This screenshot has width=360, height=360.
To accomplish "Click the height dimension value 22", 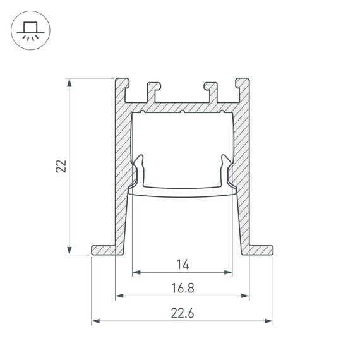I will pyautogui.click(x=60, y=166).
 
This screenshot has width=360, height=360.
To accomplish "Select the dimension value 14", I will pyautogui.click(x=183, y=264).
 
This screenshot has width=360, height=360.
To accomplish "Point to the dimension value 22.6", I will pyautogui.click(x=183, y=311).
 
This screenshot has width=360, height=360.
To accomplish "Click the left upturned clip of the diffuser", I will pyautogui.click(x=140, y=171).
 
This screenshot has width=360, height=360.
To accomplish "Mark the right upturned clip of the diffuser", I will pyautogui.click(x=225, y=171).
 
